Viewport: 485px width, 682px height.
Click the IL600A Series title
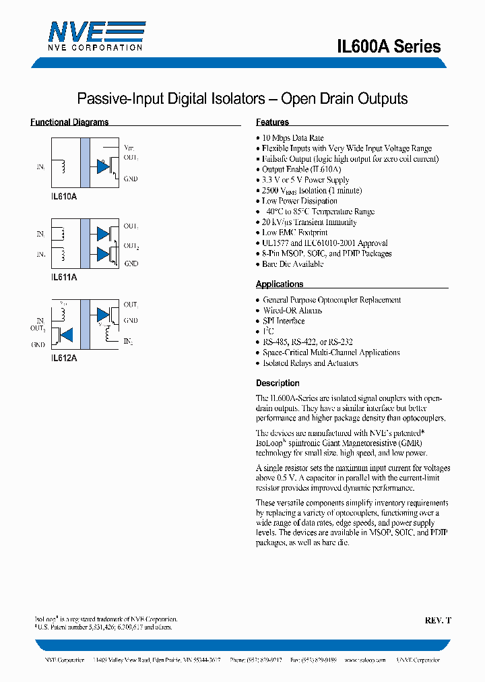(389, 46)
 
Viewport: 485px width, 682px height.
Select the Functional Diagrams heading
(69, 122)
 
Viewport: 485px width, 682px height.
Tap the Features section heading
(272, 122)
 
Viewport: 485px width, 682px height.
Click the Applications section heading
(280, 284)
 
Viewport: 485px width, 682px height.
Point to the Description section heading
(278, 383)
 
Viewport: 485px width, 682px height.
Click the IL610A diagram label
(64, 195)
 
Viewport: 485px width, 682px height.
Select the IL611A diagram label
(64, 276)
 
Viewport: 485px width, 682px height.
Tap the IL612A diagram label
(64, 359)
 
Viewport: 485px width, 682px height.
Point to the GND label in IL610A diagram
(131, 179)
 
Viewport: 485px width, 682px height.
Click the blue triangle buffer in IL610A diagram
(102, 165)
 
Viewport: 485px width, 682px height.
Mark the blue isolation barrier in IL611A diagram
(85, 243)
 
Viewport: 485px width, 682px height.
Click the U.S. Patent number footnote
(104, 627)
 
